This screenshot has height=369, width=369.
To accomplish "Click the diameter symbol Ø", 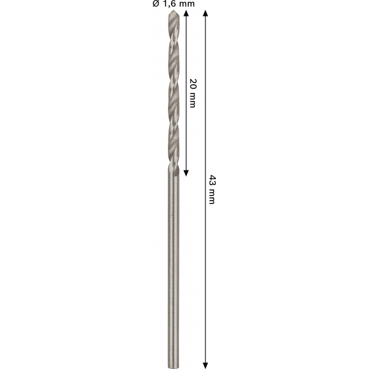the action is [156, 4].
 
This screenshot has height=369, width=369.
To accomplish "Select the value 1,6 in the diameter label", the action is [170, 4].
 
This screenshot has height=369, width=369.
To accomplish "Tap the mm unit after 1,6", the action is [186, 4].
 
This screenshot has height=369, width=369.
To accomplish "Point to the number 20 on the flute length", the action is [193, 84].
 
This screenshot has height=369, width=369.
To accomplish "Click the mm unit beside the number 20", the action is [192, 100].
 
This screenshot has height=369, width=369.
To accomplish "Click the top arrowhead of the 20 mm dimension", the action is [186, 13].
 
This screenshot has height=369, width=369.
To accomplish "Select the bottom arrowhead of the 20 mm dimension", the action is [186, 173].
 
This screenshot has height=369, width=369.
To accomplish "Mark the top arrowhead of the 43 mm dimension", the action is [205, 13].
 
